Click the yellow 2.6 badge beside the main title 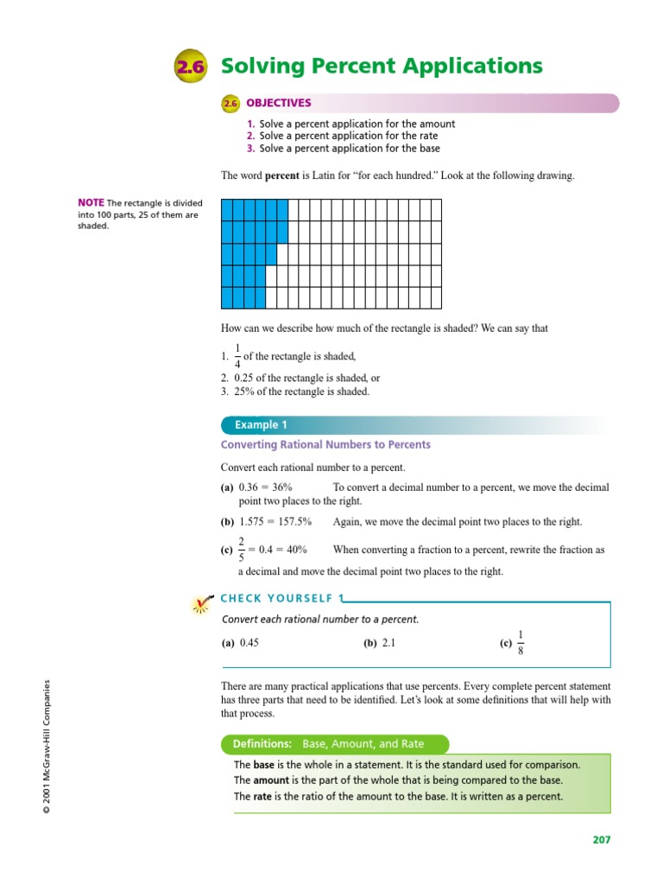coord(190,67)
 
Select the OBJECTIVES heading coord(279,103)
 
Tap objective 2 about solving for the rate coord(341,136)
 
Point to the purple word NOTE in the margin coord(91,204)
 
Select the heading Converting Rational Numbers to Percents coord(325,445)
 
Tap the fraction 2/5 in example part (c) coord(242,550)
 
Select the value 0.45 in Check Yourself coord(249,643)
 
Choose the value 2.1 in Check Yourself coord(389,643)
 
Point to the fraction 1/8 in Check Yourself coord(520,643)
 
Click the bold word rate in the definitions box coord(262,796)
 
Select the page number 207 coord(601,839)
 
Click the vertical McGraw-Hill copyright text coord(51,746)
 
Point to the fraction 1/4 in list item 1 coord(237,355)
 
